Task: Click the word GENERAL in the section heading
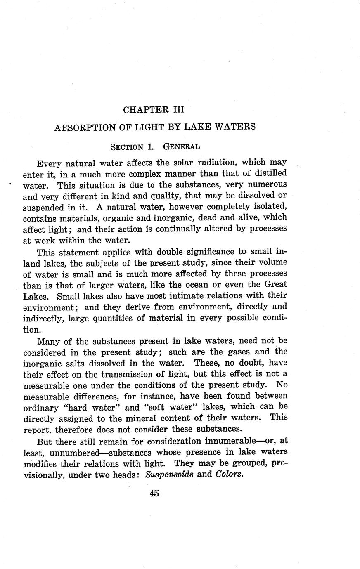click(x=182, y=146)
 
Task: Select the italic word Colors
click(x=228, y=474)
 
